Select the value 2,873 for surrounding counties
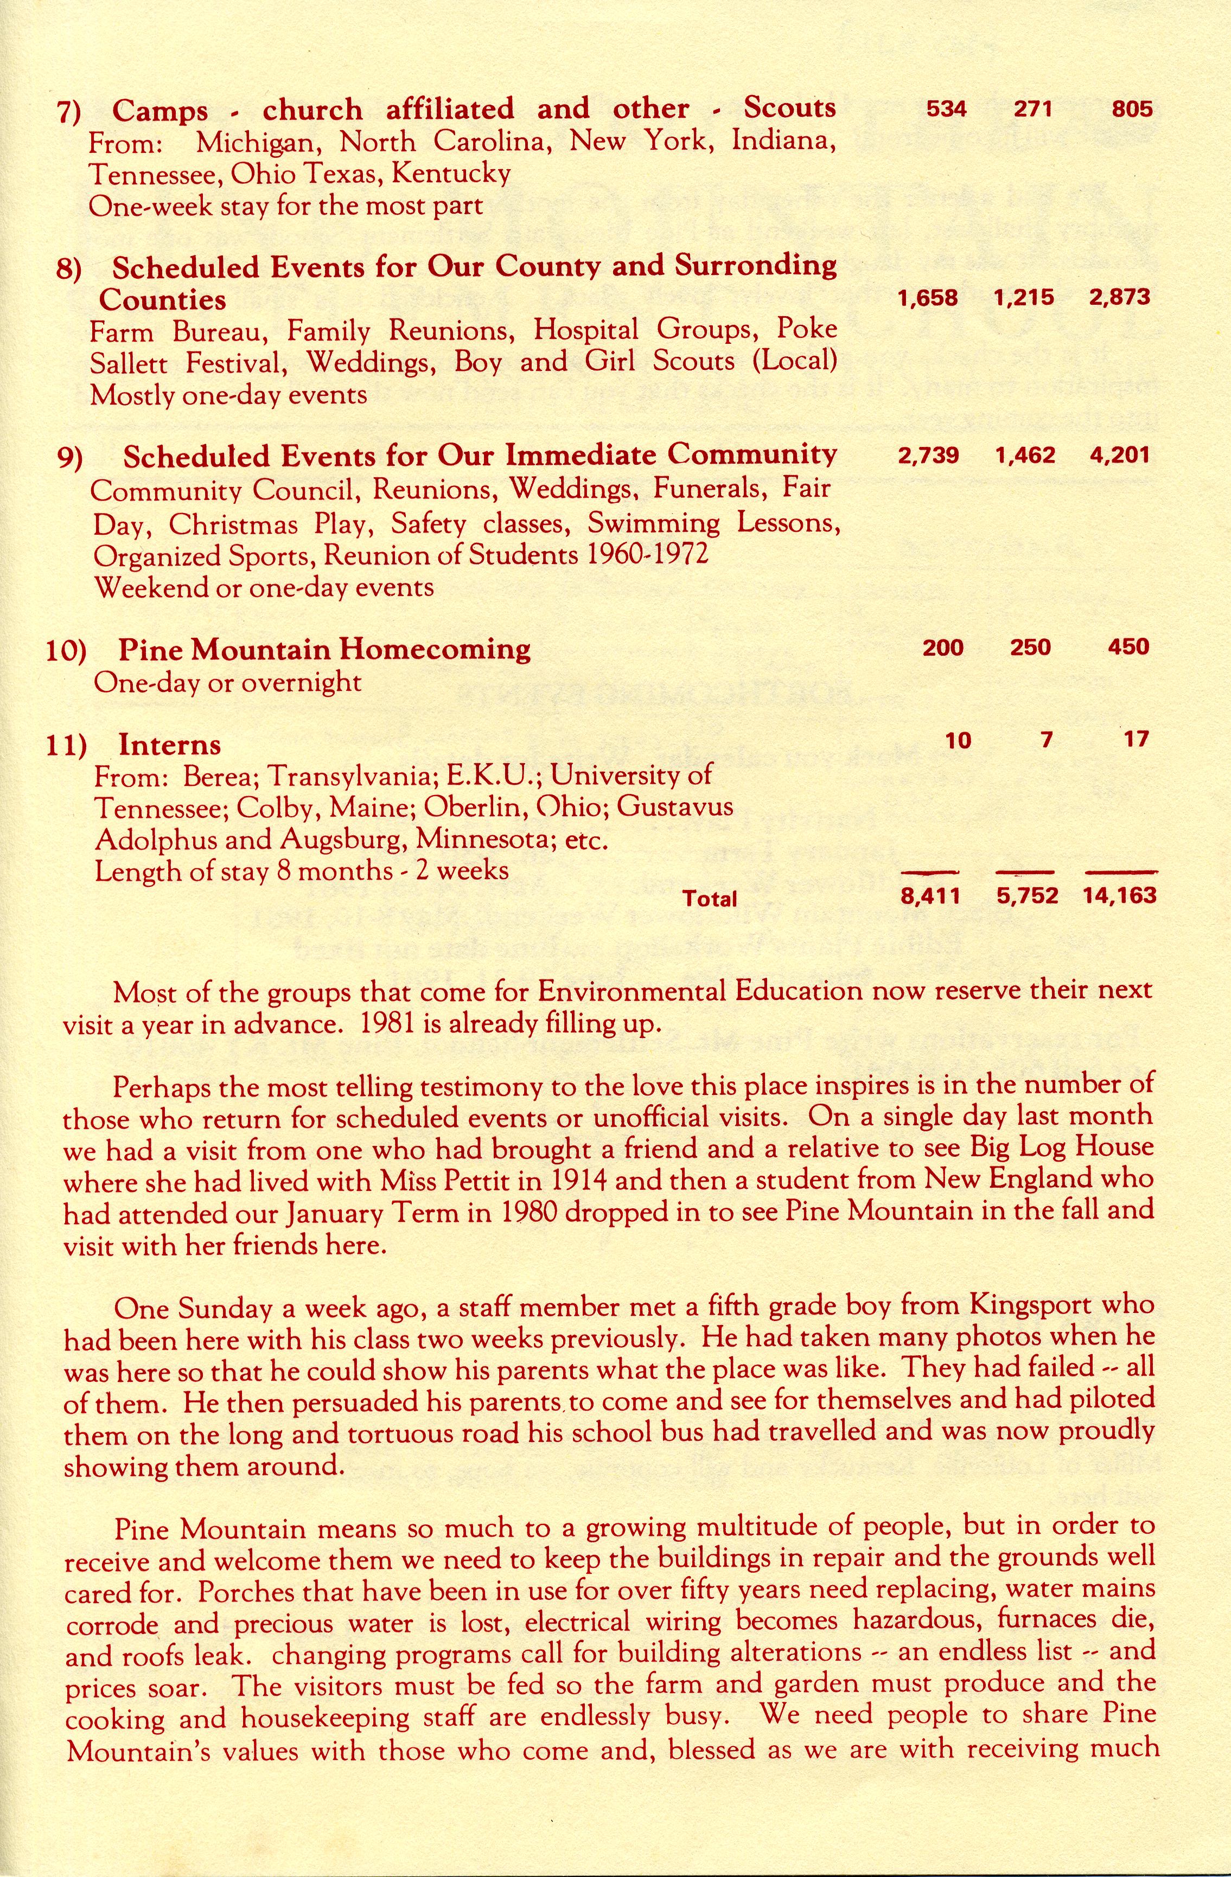coord(1120,297)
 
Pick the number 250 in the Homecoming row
coord(1031,648)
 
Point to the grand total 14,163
coord(1120,896)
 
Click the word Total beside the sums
coord(710,898)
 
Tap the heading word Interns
coord(170,745)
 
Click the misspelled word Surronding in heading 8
coord(756,267)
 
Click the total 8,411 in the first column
coord(929,896)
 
